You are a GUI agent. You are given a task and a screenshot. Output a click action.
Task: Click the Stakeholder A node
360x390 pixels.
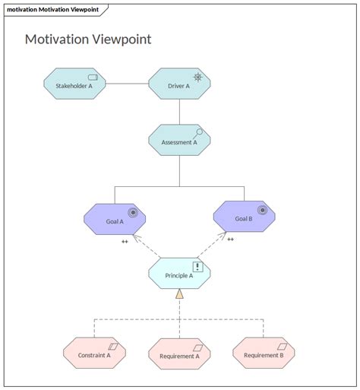click(x=74, y=85)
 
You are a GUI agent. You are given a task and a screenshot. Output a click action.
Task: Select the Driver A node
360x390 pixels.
click(x=179, y=85)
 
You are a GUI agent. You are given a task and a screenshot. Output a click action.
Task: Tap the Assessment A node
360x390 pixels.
click(x=179, y=141)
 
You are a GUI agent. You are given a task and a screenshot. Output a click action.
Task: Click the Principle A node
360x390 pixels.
click(x=179, y=274)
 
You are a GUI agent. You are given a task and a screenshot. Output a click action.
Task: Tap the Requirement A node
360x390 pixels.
click(x=179, y=354)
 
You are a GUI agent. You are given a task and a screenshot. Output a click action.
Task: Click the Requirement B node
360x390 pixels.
click(x=264, y=354)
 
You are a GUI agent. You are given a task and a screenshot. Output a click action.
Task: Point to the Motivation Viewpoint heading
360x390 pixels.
click(x=88, y=39)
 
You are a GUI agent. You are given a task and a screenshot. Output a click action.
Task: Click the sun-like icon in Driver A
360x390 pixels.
click(x=197, y=78)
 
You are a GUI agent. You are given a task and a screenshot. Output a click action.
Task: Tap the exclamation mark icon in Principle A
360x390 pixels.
click(x=197, y=266)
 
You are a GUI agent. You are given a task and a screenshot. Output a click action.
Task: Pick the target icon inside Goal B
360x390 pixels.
click(x=263, y=210)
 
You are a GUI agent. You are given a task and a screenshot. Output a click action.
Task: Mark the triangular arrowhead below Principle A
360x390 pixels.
click(x=179, y=294)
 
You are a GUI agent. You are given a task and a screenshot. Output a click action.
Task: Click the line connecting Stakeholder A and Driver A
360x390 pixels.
click(x=127, y=84)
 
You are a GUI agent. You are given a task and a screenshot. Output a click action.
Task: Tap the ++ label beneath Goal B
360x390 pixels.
click(x=230, y=239)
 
